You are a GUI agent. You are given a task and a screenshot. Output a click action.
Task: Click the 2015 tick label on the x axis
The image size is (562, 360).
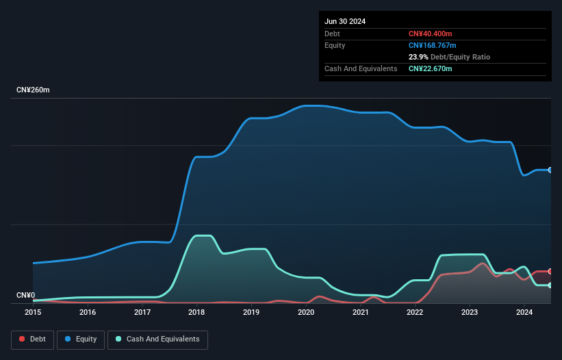(x=33, y=312)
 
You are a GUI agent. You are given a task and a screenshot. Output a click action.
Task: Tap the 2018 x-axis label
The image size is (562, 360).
(x=196, y=312)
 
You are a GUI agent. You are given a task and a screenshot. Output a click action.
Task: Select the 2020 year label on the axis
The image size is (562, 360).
(x=306, y=312)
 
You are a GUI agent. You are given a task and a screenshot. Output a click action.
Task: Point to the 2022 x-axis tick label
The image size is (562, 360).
(x=415, y=312)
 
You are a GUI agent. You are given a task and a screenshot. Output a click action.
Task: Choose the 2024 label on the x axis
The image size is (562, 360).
(x=524, y=312)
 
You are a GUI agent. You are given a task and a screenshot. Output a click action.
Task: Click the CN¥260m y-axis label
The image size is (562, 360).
(x=33, y=90)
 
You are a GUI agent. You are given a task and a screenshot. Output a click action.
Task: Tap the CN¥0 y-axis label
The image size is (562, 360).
(x=25, y=296)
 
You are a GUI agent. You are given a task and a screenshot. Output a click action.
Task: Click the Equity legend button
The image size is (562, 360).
(x=81, y=339)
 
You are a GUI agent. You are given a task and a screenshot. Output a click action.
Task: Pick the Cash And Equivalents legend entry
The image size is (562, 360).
(x=157, y=339)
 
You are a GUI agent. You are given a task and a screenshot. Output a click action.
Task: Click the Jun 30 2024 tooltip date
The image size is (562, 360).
(x=345, y=21)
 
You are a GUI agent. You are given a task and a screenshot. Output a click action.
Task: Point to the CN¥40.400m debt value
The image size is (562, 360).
(x=431, y=34)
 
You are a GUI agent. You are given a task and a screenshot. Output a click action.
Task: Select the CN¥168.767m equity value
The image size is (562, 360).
(x=432, y=45)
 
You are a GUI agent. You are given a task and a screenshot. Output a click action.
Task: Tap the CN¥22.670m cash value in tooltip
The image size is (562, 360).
(x=430, y=68)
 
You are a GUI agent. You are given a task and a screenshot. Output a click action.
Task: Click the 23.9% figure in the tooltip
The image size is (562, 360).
(x=418, y=57)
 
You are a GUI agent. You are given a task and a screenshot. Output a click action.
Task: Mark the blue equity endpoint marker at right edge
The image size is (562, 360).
(x=550, y=170)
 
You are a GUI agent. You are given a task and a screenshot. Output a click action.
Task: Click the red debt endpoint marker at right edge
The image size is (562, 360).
(x=550, y=272)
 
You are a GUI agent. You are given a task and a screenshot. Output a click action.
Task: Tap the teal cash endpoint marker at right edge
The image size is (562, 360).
(x=550, y=285)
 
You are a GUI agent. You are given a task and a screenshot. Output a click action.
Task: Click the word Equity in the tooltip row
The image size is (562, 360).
(x=335, y=45)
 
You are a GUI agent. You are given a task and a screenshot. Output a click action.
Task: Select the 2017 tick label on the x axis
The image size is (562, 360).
(x=142, y=312)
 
